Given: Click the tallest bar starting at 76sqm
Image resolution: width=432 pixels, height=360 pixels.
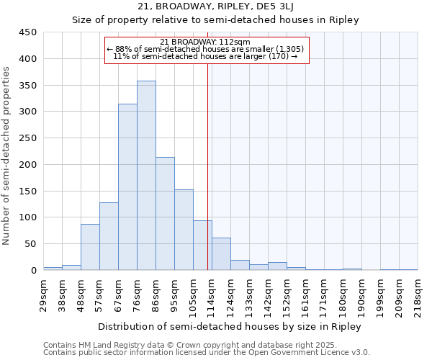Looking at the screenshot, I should [x=146, y=176].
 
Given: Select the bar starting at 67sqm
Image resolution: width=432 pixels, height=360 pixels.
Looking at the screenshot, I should [x=127, y=187].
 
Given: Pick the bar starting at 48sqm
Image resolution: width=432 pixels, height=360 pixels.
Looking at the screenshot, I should [x=90, y=247].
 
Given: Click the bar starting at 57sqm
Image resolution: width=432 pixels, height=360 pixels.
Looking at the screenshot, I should [x=109, y=236].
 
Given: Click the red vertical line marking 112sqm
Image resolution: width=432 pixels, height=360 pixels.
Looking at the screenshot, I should [x=207, y=166].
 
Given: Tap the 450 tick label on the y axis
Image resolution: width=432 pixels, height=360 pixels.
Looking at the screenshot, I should [x=28, y=32].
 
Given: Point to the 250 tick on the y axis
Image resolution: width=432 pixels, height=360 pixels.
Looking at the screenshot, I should [x=28, y=138].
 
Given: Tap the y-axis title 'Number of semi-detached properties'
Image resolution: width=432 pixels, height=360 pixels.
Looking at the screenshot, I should [x=7, y=156].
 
